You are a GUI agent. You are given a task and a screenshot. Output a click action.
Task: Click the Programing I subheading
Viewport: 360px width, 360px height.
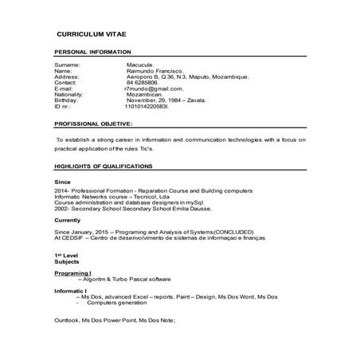pyautogui.click(x=73, y=272)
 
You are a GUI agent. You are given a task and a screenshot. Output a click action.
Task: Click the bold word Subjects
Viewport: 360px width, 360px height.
pyautogui.click(x=67, y=261)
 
